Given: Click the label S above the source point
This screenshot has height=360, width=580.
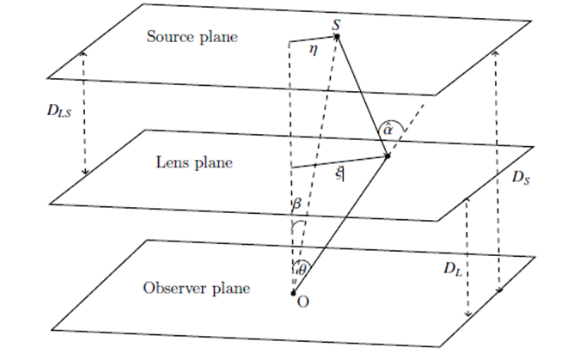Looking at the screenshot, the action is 336,25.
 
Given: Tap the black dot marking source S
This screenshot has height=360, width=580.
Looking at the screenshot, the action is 337,36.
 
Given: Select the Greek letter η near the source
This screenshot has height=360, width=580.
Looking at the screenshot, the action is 314,49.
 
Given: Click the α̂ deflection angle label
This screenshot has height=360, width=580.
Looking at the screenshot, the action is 388,130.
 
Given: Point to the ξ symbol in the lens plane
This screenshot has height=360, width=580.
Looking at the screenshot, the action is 339,174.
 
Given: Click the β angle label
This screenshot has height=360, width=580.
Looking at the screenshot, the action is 296,204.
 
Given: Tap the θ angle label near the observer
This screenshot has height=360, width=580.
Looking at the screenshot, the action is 302,270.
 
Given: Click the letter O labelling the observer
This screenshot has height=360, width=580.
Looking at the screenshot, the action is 303,302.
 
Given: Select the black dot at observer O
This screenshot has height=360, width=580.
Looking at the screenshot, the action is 293,293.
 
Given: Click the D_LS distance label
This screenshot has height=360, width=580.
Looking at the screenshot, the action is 58,111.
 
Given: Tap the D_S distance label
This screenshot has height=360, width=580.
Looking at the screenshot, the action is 521,178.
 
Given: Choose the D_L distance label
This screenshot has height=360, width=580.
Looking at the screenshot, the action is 453,269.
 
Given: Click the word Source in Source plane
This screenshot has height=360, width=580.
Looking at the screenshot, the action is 170,37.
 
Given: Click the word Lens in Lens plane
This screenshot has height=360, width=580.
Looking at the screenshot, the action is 170,162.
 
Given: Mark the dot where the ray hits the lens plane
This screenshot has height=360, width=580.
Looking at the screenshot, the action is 388,156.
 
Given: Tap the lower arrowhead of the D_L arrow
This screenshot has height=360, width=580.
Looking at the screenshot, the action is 468,314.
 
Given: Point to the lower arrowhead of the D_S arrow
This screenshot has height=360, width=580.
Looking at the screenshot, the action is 500,290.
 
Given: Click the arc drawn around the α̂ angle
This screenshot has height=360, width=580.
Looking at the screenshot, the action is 390,121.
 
